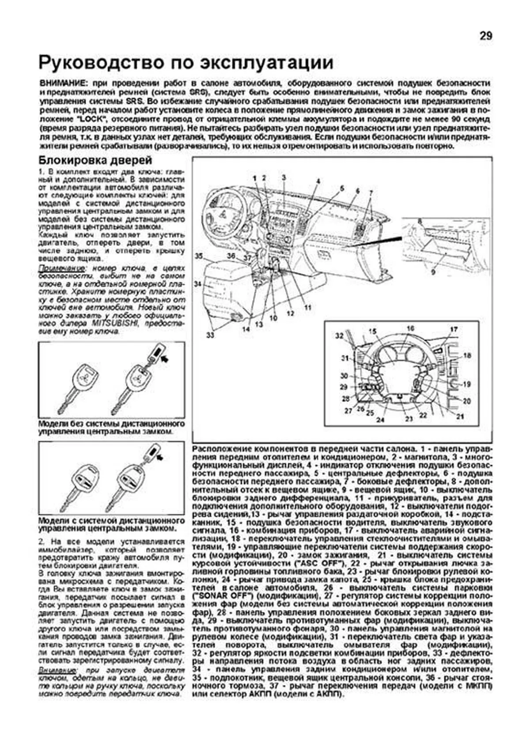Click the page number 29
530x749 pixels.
click(x=485, y=36)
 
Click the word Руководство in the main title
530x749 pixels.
click(x=101, y=63)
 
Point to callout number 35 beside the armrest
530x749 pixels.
click(x=199, y=256)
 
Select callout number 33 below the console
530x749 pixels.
click(x=210, y=335)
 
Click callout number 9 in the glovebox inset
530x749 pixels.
click(x=433, y=272)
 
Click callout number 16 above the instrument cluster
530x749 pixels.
click(x=410, y=328)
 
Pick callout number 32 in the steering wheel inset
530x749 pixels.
click(x=339, y=336)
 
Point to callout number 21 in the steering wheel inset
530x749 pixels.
click(x=460, y=416)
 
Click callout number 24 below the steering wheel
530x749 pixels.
click(x=380, y=420)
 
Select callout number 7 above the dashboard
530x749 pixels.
click(x=371, y=193)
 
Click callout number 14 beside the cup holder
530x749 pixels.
click(x=246, y=329)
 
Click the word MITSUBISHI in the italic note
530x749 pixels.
click(x=115, y=324)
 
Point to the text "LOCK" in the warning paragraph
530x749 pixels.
click(x=91, y=120)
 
